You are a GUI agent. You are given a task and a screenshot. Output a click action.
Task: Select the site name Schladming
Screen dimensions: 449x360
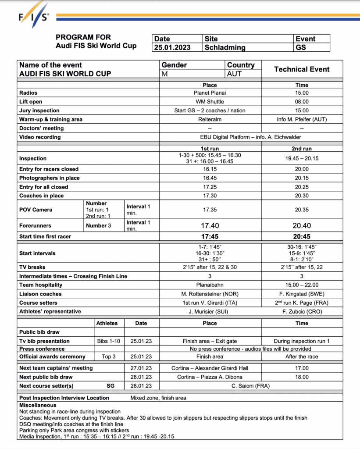225,47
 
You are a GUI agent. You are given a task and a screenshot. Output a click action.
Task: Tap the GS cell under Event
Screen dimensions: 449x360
301,47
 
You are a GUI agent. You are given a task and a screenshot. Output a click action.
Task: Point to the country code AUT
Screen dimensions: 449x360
234,74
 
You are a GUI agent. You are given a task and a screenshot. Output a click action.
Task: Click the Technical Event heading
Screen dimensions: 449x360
302,69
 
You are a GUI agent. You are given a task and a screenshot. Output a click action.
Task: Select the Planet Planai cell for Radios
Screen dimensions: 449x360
210,93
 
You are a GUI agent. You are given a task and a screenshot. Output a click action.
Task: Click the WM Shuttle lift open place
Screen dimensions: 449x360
210,102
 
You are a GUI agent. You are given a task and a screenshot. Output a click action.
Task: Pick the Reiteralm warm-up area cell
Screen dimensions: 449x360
210,119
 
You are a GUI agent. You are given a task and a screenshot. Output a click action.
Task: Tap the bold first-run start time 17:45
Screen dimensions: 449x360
210,237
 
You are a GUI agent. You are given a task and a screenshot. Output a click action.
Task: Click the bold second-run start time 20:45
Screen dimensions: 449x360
302,237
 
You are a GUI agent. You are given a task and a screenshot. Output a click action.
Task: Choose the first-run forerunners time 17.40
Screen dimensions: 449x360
210,225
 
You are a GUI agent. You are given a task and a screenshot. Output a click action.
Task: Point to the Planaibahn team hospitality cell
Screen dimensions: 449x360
210,285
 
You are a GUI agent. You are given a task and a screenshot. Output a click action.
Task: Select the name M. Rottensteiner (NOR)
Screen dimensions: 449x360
210,294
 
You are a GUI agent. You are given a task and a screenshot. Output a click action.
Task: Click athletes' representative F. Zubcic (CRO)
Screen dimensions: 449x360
302,311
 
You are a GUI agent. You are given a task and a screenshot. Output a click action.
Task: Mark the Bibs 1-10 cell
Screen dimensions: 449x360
107,341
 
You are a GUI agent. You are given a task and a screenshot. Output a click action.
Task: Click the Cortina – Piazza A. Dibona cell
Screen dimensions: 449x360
210,377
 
